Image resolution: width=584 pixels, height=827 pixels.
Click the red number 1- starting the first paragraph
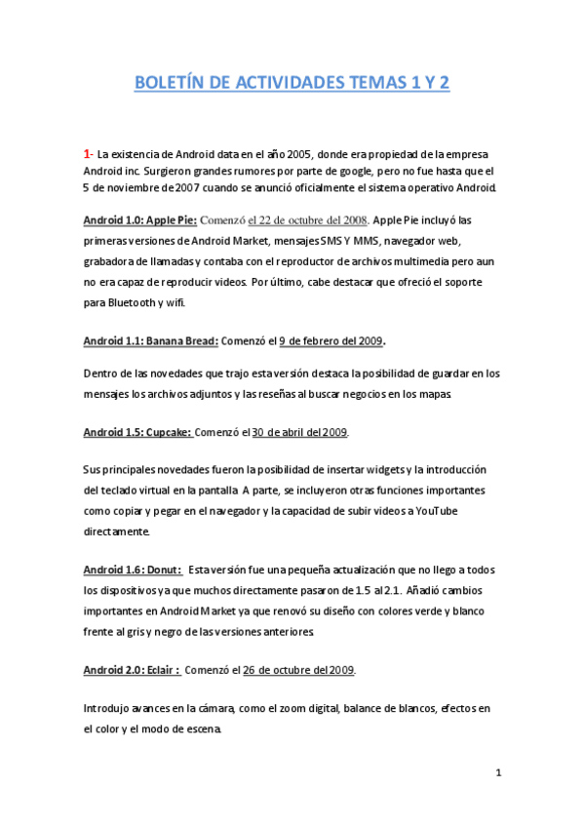88,154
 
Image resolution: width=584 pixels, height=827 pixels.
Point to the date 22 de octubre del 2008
308,219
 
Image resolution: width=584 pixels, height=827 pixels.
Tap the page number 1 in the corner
497,773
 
